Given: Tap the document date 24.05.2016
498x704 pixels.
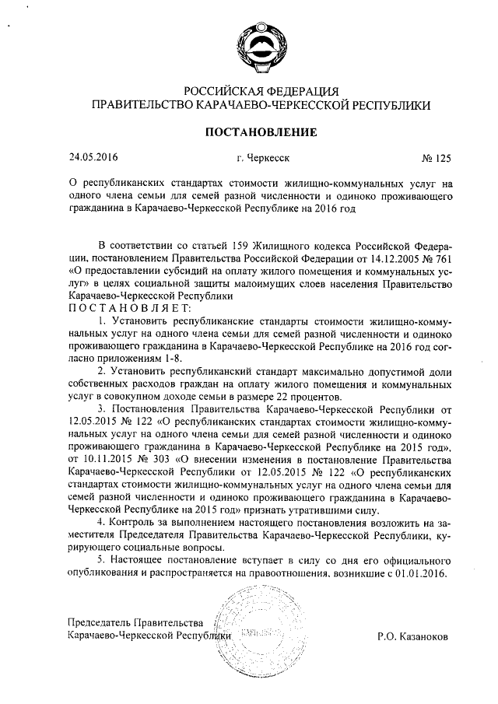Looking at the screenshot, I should (93, 157).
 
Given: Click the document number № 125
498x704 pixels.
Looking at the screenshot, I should (436, 158).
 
